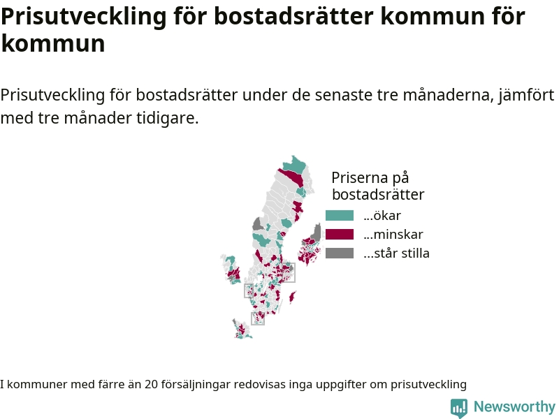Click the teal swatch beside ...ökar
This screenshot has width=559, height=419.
[x=340, y=216]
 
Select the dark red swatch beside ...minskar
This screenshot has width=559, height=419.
[x=340, y=235]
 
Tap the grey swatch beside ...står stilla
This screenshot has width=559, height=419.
[x=340, y=253]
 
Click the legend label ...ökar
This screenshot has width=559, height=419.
[x=382, y=216]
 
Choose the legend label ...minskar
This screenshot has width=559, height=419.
[x=393, y=235]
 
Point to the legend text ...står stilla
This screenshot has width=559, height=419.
[x=396, y=253]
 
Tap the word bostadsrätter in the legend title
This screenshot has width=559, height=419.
[x=378, y=194]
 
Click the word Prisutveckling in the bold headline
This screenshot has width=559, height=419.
[x=84, y=16]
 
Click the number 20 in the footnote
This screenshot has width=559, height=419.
[x=151, y=385]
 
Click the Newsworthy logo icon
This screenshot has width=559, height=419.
[x=459, y=408]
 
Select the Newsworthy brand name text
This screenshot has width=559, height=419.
[x=514, y=406]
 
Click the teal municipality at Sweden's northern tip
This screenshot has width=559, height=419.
[x=295, y=165]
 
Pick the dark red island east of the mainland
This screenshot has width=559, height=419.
[x=292, y=297]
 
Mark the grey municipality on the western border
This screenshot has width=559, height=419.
[x=258, y=224]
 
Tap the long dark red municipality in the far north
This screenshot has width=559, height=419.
[x=291, y=177]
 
